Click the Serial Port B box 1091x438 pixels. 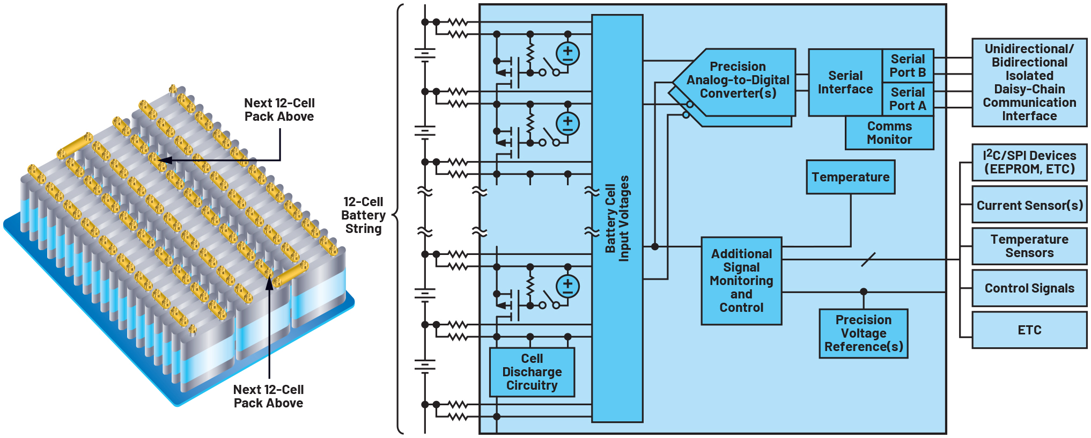pos(908,65)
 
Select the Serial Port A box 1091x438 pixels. pos(908,99)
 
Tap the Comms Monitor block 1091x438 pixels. pos(889,133)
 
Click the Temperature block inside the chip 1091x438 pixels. pos(850,177)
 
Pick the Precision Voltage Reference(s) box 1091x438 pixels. pos(863,333)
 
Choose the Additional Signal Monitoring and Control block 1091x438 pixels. pos(741,281)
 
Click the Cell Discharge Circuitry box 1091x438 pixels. pos(532,372)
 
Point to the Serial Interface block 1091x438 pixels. pos(845,83)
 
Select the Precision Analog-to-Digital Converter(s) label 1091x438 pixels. pos(738,80)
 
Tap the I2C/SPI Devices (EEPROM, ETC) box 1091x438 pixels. pos(1029,162)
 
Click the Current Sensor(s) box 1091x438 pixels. pos(1029,205)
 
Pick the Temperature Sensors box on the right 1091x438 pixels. pos(1029,246)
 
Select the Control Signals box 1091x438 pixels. pos(1029,288)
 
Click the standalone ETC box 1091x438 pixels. pos(1029,330)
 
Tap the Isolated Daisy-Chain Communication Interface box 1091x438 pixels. pos(1029,82)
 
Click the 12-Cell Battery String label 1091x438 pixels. pos(363,215)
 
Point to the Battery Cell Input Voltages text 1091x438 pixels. pos(617,218)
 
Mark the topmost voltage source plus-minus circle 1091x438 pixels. pos(567,54)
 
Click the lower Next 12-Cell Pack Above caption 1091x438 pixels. pos(268,396)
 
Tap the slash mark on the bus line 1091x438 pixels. pos(868,260)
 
